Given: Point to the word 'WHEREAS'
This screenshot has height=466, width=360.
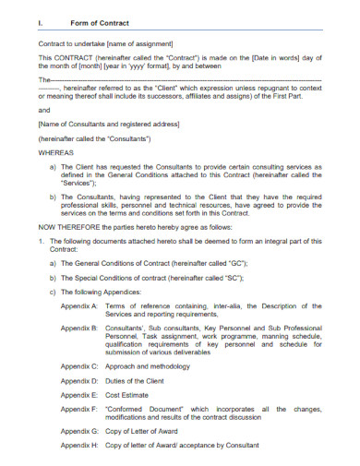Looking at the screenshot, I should (x=55, y=152).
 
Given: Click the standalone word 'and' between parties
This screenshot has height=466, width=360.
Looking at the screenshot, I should (x=44, y=110).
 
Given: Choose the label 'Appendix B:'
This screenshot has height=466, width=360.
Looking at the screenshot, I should (x=78, y=328).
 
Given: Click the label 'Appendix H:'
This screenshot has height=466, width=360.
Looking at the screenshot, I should (x=78, y=446).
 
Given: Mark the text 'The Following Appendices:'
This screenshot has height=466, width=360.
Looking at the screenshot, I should (x=101, y=291).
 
